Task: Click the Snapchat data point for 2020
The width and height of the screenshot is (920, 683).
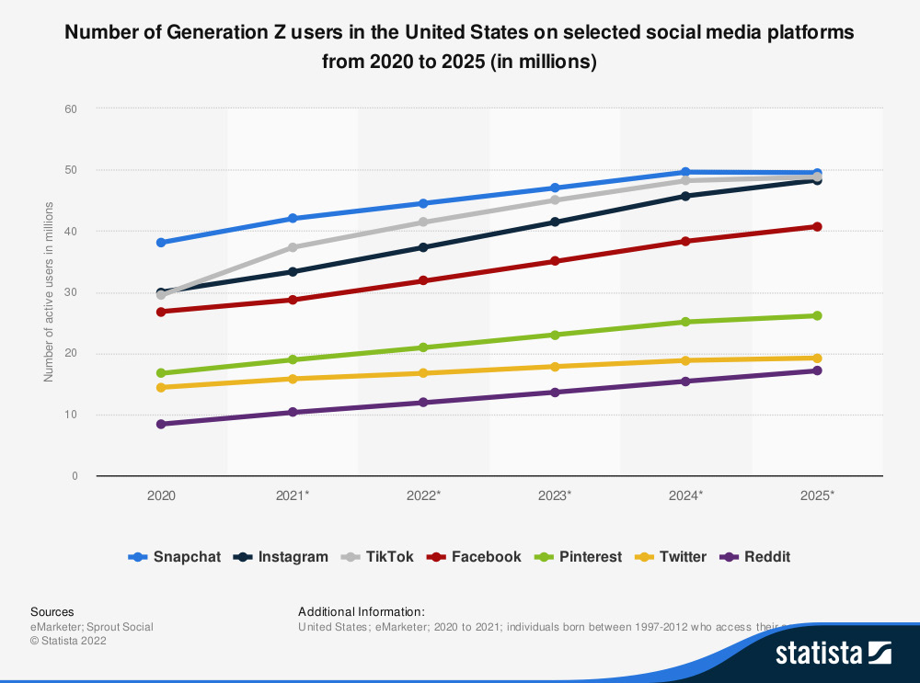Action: (161, 243)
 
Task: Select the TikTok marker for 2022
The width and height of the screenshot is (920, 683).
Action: (423, 222)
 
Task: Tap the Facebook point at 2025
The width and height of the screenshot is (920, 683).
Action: (816, 226)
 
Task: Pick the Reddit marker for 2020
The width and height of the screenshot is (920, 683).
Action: (161, 424)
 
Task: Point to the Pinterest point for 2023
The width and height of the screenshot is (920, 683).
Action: (555, 335)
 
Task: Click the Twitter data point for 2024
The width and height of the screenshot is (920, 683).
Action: (685, 360)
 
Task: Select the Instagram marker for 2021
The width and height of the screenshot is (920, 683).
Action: (293, 271)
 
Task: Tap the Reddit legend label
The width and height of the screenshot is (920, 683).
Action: (767, 557)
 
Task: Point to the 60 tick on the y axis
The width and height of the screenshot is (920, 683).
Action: (71, 108)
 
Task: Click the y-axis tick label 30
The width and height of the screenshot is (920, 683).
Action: (71, 292)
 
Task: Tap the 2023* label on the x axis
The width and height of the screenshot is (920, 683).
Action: (555, 495)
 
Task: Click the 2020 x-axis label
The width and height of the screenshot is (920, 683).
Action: (161, 495)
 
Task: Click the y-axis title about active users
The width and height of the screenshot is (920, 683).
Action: (49, 292)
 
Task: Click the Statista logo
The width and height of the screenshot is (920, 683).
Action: (833, 653)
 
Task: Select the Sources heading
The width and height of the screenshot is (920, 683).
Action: (52, 611)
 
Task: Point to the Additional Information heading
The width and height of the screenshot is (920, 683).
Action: (362, 611)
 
